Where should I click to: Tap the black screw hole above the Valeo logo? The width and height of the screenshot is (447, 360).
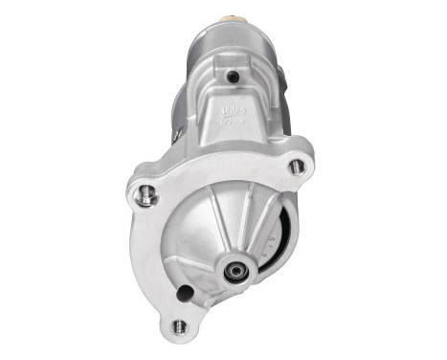(231, 77)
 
